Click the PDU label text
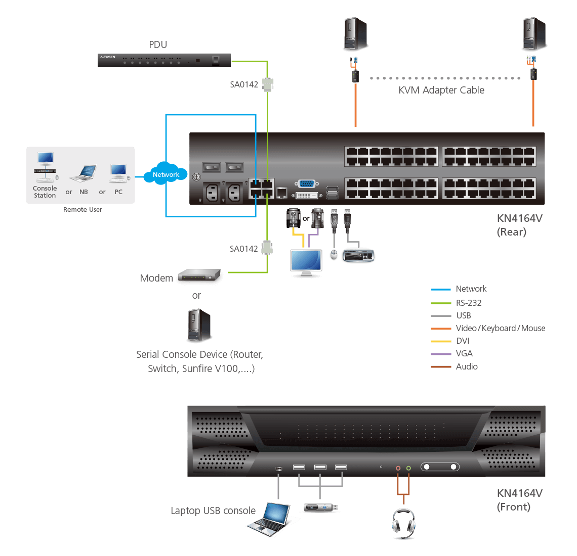click(x=158, y=44)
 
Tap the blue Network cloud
click(x=166, y=174)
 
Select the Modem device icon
click(x=200, y=276)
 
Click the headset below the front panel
click(x=403, y=523)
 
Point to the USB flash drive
click(x=320, y=507)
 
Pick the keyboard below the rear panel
click(x=358, y=256)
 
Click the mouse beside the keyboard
click(x=334, y=255)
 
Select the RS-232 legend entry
click(x=469, y=303)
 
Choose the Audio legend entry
click(x=467, y=366)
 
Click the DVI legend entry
click(x=463, y=341)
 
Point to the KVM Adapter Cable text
click(x=441, y=90)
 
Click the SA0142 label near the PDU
click(x=244, y=84)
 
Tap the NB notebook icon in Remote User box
click(x=83, y=174)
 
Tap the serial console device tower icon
click(x=199, y=327)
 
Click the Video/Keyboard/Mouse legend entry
click(x=500, y=328)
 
